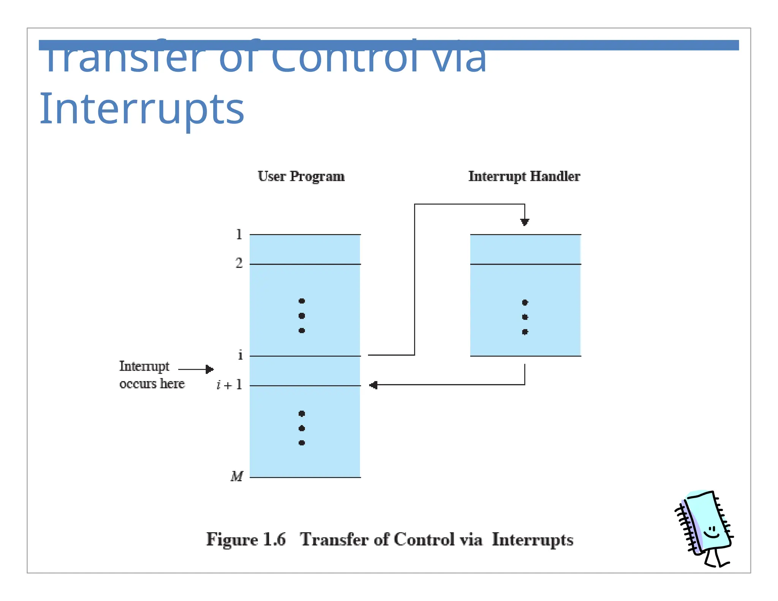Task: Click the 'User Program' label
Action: click(301, 177)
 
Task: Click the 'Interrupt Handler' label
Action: click(524, 177)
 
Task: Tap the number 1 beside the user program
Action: click(239, 234)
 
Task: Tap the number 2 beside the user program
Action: click(239, 263)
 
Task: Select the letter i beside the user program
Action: click(240, 355)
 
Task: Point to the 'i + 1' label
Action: click(229, 385)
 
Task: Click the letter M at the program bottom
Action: click(237, 476)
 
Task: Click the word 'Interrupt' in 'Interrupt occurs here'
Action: click(144, 366)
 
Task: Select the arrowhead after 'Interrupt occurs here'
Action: click(210, 369)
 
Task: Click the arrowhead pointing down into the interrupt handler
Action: click(525, 222)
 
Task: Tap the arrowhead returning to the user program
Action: click(373, 385)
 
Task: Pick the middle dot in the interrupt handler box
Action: click(525, 317)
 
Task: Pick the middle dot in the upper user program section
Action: click(302, 316)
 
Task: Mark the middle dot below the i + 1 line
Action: click(302, 429)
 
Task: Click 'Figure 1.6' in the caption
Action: click(246, 539)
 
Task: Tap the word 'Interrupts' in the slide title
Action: click(142, 109)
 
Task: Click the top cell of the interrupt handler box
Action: click(525, 249)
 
